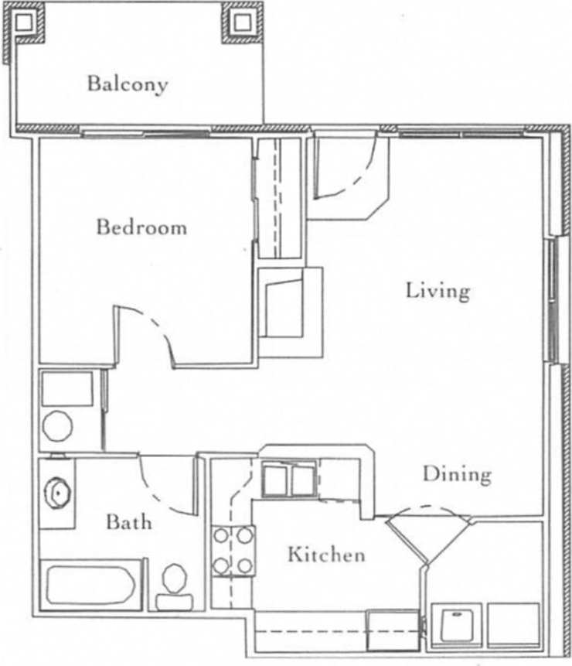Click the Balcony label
click(x=127, y=83)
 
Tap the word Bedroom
click(x=141, y=227)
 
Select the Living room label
click(x=438, y=291)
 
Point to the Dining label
click(x=457, y=473)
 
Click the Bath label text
click(x=129, y=521)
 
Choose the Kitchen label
click(x=325, y=555)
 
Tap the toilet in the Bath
click(x=174, y=586)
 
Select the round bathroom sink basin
click(x=57, y=492)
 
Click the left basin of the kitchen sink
click(x=275, y=480)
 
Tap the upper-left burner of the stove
click(x=221, y=535)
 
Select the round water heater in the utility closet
click(x=57, y=426)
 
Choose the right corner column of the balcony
click(x=243, y=22)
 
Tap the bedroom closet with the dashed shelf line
click(x=281, y=197)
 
